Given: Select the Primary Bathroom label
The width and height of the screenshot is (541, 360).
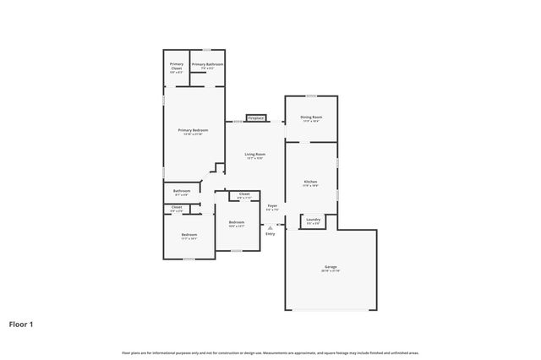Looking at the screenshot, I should (207, 64).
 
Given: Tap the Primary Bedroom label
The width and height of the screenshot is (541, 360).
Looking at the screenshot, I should (193, 130).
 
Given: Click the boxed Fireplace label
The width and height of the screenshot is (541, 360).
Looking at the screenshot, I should (256, 117).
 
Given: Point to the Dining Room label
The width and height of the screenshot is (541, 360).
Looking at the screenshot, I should (311, 117).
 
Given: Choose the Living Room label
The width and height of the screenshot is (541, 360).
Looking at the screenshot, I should (255, 155).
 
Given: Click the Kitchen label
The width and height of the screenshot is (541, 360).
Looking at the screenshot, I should (311, 183).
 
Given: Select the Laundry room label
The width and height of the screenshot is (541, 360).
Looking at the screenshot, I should (313, 220).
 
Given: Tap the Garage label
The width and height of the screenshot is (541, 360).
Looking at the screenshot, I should (331, 267).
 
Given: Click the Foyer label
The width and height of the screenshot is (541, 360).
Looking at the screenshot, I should (272, 205).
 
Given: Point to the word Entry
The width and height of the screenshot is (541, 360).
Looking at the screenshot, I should (270, 233).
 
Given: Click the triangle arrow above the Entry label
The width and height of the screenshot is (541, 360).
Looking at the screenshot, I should (270, 226).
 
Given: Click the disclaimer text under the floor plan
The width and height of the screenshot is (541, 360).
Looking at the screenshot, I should (270, 352).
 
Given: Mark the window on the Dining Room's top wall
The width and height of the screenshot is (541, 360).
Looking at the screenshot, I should (311, 95).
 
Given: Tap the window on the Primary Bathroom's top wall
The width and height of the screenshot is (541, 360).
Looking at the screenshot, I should (207, 50).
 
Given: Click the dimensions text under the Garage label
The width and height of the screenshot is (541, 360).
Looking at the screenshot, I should (331, 271).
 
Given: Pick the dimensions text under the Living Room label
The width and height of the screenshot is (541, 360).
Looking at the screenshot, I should (255, 159).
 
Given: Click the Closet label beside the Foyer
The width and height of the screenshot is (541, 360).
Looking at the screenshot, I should (243, 194).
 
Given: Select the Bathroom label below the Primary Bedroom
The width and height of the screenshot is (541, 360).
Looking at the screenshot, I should (182, 191).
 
